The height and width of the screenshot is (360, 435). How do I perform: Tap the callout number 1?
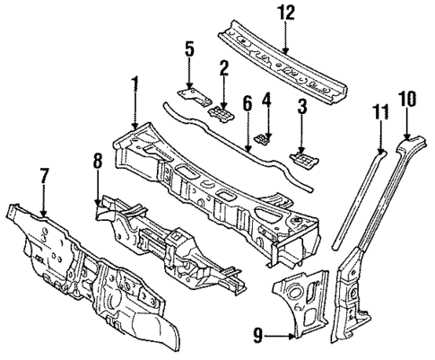[x=135, y=86]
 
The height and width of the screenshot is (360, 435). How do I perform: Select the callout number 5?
[x=188, y=48]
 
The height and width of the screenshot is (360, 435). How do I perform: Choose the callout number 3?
[x=302, y=109]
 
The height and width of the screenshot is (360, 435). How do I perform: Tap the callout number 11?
[x=380, y=111]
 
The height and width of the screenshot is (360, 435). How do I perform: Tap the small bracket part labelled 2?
[x=218, y=114]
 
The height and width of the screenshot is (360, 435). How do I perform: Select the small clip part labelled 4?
[x=263, y=137]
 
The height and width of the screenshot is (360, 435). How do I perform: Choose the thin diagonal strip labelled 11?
[x=359, y=189]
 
